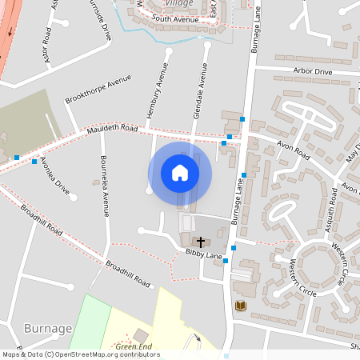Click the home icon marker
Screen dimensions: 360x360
tap(180, 172)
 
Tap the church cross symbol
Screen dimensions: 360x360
tap(199, 240)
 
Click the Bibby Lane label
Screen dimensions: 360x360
tap(203, 254)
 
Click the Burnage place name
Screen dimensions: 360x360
tap(48, 328)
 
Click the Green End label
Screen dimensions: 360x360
tap(134, 346)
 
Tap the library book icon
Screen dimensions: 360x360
tap(239, 306)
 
